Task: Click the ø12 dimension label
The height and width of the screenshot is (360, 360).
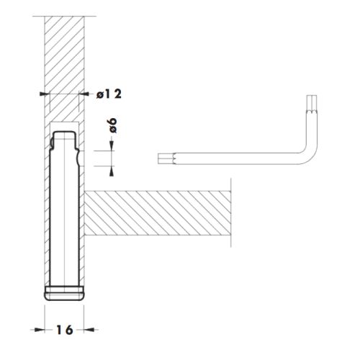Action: click(x=109, y=94)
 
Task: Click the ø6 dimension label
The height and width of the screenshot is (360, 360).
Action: click(x=113, y=125)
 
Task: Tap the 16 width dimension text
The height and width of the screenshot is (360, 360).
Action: click(x=64, y=330)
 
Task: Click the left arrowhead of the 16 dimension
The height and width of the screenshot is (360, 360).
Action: click(x=40, y=330)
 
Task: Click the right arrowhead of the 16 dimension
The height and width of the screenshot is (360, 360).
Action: click(x=89, y=330)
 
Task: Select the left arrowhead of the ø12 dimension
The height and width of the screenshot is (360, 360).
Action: click(x=45, y=94)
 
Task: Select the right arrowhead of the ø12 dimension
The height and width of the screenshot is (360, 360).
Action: click(x=84, y=94)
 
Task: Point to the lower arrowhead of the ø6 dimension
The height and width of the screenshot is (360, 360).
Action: click(x=112, y=171)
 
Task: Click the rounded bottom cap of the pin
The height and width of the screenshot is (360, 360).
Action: click(x=64, y=293)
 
